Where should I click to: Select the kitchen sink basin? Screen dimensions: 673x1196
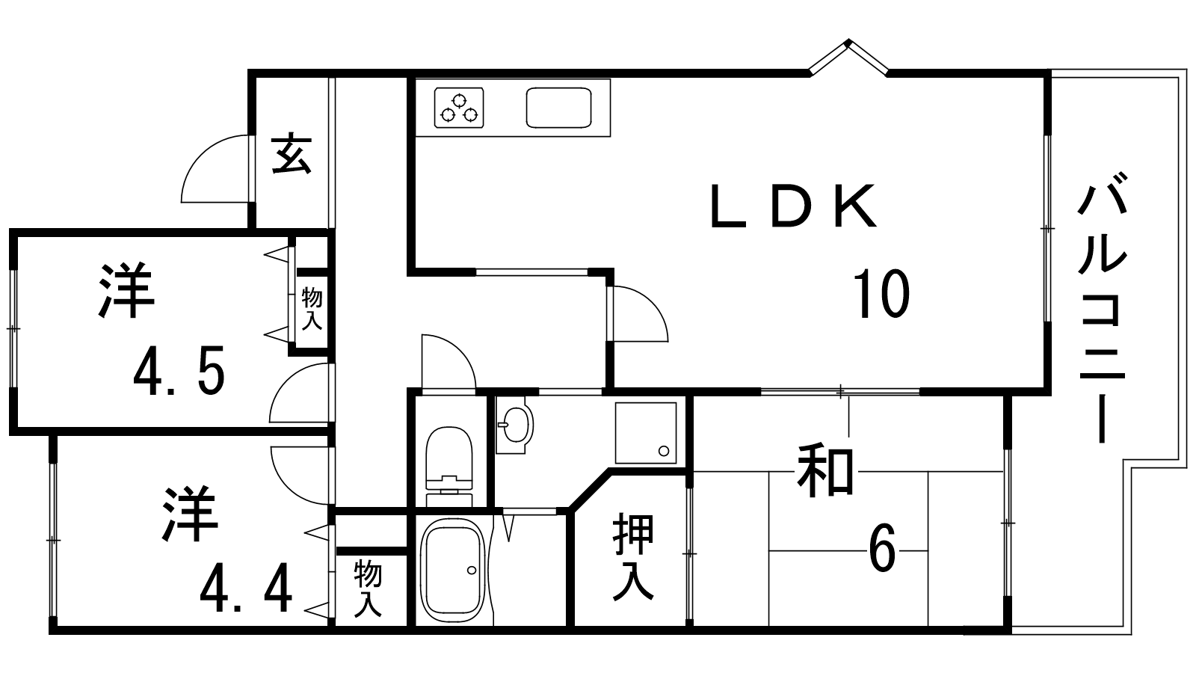(x=559, y=108)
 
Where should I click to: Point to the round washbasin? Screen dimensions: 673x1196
(x=514, y=425)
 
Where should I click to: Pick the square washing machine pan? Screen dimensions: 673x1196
(x=647, y=433)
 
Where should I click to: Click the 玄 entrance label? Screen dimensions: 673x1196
(x=292, y=154)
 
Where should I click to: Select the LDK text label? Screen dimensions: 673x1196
(x=792, y=206)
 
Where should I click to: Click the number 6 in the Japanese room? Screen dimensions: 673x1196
(x=882, y=552)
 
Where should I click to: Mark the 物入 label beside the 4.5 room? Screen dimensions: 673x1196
(x=312, y=309)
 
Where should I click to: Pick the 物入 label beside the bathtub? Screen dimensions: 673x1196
(x=368, y=589)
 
